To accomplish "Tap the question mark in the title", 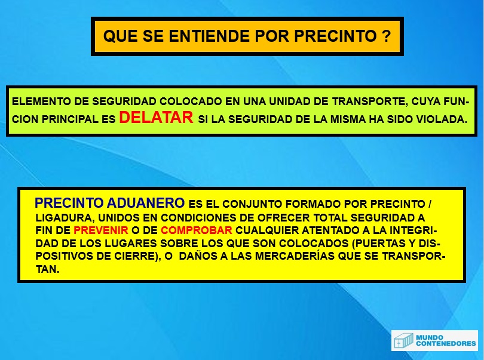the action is pyautogui.click(x=386, y=36).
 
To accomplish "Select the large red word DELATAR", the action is pyautogui.click(x=156, y=118).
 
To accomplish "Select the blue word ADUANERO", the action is pyautogui.click(x=146, y=203).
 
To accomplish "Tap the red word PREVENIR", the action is pyautogui.click(x=101, y=230).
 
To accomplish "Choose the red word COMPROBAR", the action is pyautogui.click(x=197, y=230).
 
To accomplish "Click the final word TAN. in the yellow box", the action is pyautogui.click(x=47, y=269).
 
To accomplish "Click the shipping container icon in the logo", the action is pyautogui.click(x=403, y=341).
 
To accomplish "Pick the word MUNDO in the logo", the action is pyautogui.click(x=430, y=337).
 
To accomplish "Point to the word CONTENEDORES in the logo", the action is pyautogui.click(x=446, y=344).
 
